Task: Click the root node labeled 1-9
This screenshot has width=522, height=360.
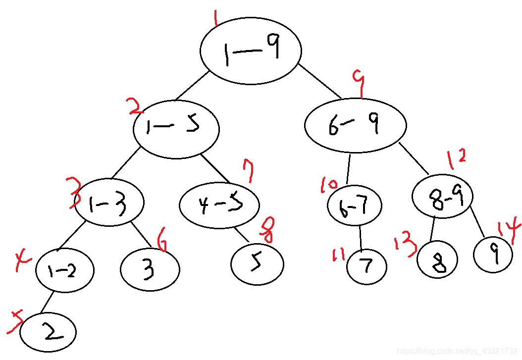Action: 251,51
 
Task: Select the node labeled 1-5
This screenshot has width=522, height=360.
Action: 176,128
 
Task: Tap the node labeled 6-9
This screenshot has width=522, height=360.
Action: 355,125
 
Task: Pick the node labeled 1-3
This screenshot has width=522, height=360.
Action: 109,202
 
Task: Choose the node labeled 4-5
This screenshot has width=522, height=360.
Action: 219,205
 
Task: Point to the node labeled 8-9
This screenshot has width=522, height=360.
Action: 442,197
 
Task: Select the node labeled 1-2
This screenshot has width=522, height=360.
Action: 64,270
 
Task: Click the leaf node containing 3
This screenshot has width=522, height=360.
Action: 150,269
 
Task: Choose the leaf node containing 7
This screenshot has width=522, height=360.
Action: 366,267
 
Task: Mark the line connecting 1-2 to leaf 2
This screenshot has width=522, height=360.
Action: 47,303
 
